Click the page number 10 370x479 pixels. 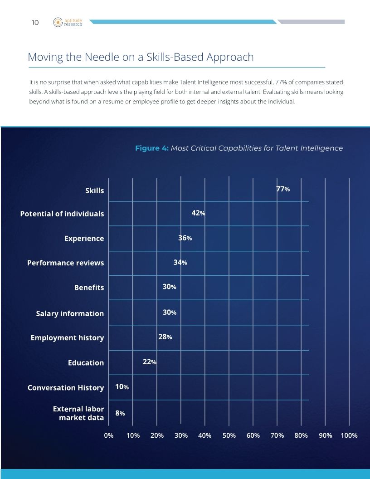click(35, 22)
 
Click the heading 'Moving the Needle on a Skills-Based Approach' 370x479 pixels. click(141, 58)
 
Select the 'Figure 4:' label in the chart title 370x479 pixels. click(152, 148)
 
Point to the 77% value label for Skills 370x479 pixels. click(283, 189)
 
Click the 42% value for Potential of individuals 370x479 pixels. click(199, 213)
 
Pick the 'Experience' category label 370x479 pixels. click(84, 239)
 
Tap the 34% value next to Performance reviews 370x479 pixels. click(180, 262)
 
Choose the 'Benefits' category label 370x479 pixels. click(89, 288)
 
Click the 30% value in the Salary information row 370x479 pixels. click(169, 312)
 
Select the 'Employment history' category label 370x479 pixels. click(67, 338)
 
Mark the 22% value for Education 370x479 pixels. click(150, 362)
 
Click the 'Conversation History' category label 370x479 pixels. click(66, 388)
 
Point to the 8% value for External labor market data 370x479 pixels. click(120, 413)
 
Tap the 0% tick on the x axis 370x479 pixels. click(109, 435)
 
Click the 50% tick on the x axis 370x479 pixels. click(229, 435)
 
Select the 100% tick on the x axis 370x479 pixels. click(349, 435)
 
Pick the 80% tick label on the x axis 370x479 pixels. click(301, 435)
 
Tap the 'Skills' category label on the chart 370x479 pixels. click(94, 191)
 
